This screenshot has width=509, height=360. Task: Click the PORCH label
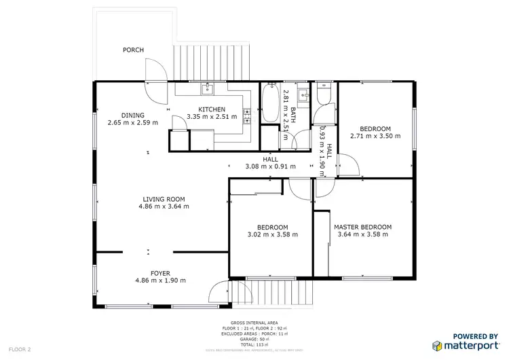click(133, 50)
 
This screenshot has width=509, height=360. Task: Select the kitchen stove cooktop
click(247, 117)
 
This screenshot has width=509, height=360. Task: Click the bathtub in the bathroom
click(271, 103)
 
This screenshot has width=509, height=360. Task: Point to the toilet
click(323, 96)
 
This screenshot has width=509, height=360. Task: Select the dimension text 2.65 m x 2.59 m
click(132, 123)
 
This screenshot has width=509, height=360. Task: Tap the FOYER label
click(160, 273)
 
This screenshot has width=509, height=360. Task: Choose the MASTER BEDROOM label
click(362, 227)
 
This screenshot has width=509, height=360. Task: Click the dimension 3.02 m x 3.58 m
click(273, 235)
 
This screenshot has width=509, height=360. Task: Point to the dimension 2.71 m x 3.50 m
click(375, 136)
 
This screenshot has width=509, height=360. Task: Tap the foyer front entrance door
click(219, 292)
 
